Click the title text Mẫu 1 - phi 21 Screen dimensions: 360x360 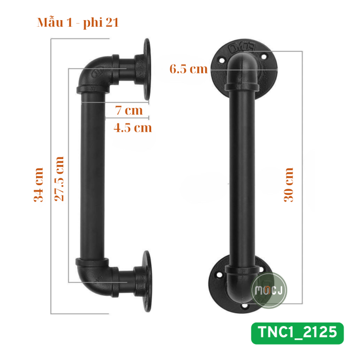point(78,23)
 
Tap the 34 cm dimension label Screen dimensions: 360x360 point(39,185)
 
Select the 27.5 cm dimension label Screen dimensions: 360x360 point(59,179)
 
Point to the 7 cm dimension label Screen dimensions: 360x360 point(129,110)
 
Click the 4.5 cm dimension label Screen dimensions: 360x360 point(133,128)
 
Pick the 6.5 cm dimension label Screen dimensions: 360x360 point(189,69)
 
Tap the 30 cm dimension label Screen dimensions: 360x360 point(289,185)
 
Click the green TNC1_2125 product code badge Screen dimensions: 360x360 point(297,333)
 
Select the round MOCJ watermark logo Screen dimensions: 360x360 point(269,290)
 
